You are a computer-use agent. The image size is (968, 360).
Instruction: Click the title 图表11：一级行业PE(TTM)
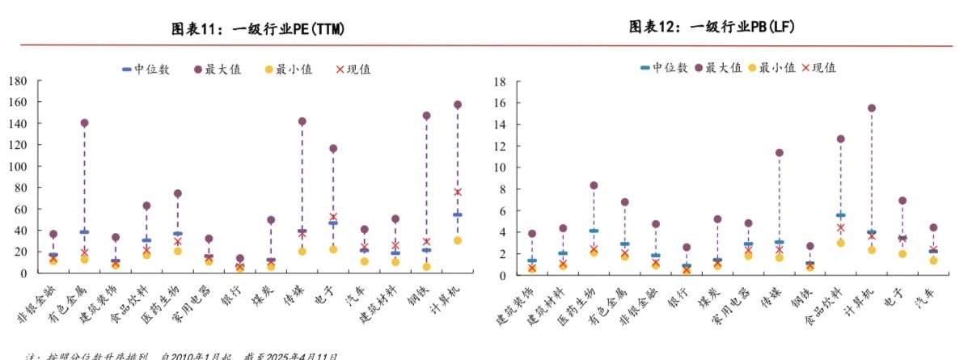point(259,30)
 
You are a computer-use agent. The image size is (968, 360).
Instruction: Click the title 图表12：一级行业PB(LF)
point(712,28)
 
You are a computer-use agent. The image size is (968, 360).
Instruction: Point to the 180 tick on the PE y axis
point(18,81)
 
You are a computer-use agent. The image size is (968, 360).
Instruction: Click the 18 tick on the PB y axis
point(500,82)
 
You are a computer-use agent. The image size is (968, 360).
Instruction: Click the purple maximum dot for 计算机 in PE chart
point(458,104)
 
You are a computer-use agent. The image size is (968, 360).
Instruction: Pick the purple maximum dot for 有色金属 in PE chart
point(84,123)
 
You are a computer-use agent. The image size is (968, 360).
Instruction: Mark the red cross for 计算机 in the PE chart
point(458,192)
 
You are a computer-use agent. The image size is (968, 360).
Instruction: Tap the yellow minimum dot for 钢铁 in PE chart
point(426,266)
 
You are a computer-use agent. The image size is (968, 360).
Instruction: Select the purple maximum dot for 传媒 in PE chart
point(302,121)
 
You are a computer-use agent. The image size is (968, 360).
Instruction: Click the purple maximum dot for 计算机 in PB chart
point(872,108)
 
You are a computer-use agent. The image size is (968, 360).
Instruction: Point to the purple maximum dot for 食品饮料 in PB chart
point(841,139)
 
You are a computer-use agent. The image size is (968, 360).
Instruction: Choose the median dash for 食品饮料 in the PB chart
point(841,215)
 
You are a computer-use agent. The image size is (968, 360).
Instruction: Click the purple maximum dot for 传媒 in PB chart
point(779,152)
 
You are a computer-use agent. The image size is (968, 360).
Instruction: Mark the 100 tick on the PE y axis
point(18,166)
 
